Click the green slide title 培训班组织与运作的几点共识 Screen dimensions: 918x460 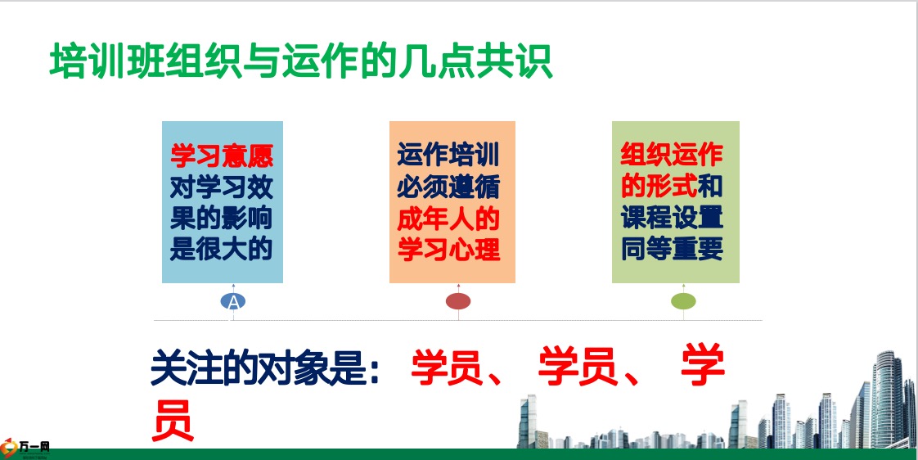(x=301, y=61)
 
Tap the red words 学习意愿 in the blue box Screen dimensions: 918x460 (x=222, y=156)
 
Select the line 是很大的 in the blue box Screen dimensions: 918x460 (x=222, y=249)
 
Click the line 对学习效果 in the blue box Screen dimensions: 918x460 (x=222, y=187)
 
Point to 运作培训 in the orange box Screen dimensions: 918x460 (x=448, y=156)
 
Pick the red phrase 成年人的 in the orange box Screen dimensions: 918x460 (x=448, y=219)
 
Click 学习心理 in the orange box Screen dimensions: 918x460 (x=448, y=249)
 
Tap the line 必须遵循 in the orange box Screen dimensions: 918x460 (x=448, y=187)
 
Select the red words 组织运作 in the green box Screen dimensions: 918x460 (x=672, y=155)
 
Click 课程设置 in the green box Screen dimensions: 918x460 (x=672, y=218)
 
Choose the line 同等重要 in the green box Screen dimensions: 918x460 (x=672, y=249)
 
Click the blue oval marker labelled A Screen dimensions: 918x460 (x=233, y=301)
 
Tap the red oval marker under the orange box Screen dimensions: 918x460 (x=458, y=301)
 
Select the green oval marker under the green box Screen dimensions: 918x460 (x=683, y=301)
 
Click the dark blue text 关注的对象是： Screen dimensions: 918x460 (x=266, y=368)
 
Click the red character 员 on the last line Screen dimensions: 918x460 (x=173, y=420)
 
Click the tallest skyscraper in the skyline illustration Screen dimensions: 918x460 (x=889, y=399)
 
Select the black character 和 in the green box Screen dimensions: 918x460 (x=711, y=187)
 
